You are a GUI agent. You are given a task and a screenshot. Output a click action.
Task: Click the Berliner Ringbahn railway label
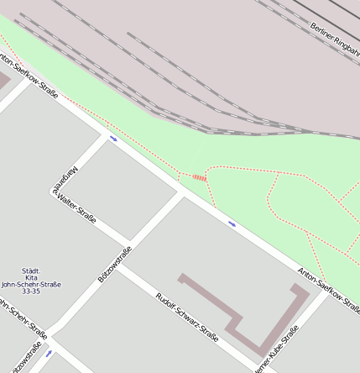[x=335, y=39]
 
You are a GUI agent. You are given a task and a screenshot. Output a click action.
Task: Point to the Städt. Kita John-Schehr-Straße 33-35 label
[x=31, y=281]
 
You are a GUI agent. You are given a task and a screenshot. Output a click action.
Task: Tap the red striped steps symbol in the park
[x=199, y=177]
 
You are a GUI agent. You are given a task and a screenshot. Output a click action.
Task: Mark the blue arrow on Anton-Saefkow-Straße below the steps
[x=232, y=223]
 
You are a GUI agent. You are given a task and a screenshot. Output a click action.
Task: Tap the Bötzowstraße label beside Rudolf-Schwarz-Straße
[x=115, y=264]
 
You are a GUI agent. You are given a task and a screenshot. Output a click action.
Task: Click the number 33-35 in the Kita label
[x=31, y=292]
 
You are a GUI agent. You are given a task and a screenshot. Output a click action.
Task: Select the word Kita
[x=31, y=277]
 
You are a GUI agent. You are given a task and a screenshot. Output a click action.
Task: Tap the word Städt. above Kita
[x=31, y=270]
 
